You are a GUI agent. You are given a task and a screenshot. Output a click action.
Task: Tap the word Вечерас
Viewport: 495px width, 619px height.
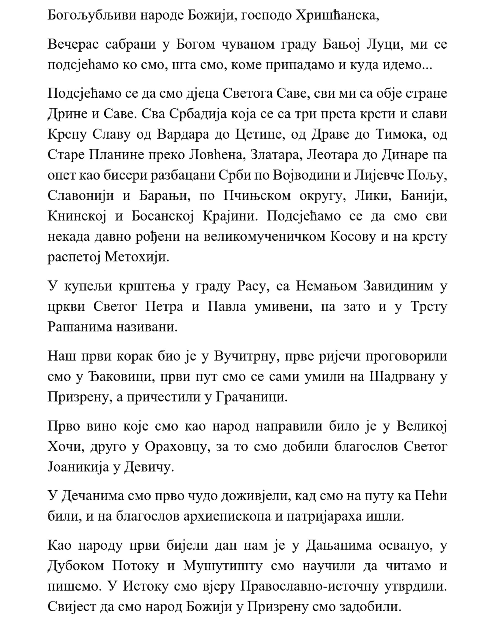73,44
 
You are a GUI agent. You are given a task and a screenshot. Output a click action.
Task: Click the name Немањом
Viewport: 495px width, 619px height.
326,286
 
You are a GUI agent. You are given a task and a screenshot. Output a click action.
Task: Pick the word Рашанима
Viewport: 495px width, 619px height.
80,327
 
